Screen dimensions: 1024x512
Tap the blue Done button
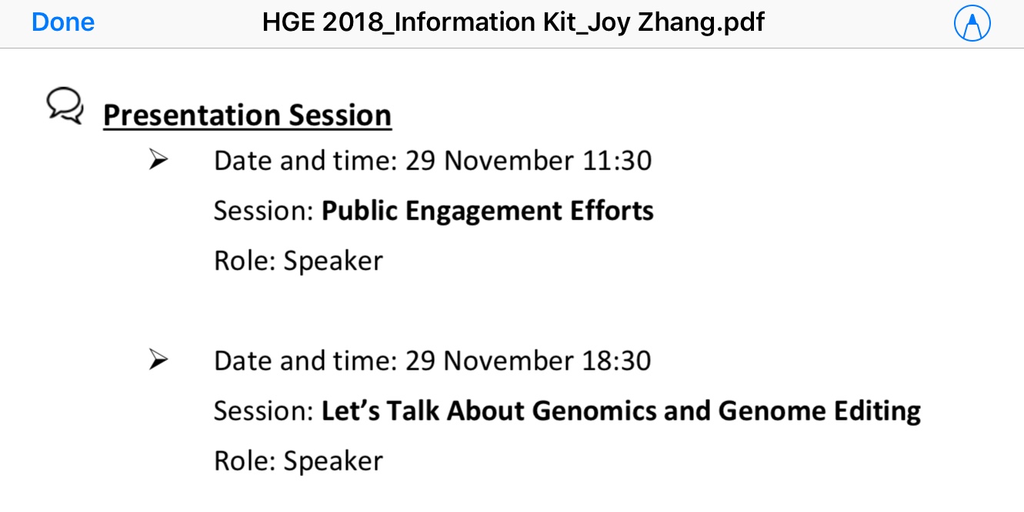click(x=63, y=22)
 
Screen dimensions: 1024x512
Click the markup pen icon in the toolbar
click(x=972, y=23)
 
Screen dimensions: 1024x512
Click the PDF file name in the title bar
click(x=513, y=22)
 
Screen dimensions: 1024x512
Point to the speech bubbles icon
click(x=65, y=105)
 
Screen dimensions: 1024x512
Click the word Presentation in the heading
click(x=191, y=115)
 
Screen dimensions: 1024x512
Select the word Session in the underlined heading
click(x=339, y=115)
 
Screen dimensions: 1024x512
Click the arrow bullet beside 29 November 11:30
click(x=158, y=159)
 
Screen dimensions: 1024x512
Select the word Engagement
click(x=483, y=212)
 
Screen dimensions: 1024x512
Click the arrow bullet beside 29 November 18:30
click(x=158, y=360)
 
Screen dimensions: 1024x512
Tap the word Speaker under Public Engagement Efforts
click(x=333, y=261)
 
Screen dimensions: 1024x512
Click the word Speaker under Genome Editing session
click(x=333, y=460)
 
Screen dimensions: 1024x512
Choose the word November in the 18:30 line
click(x=509, y=360)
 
